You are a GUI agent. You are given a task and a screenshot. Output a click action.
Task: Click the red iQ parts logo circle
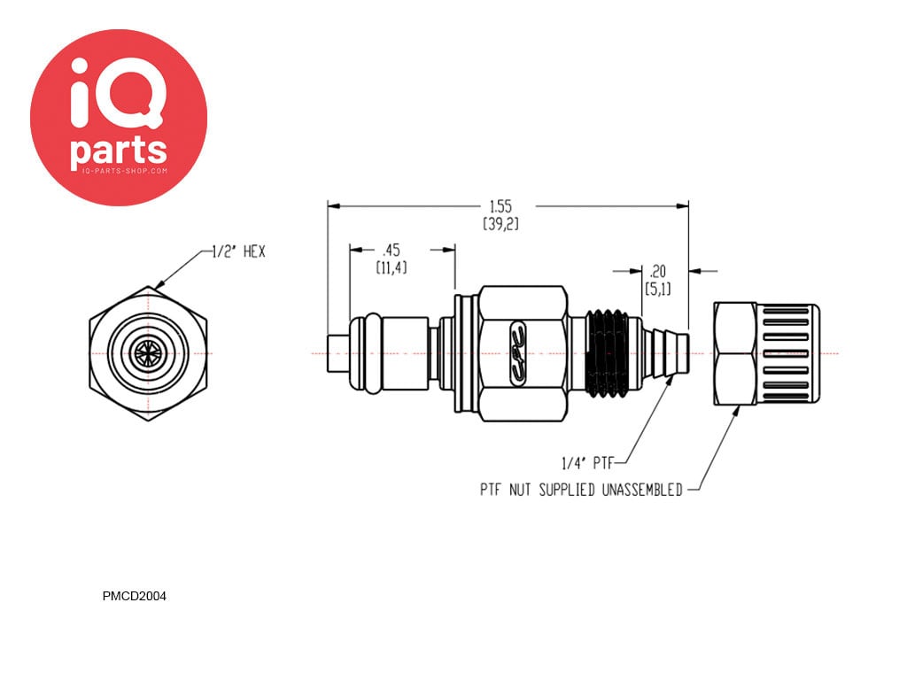[119, 117]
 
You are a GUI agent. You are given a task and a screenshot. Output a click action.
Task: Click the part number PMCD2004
[134, 596]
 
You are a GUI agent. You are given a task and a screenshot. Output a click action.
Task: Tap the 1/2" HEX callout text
[238, 252]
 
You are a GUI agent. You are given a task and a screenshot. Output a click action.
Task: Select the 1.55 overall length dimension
[500, 205]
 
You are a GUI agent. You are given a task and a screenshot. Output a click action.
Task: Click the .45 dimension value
[390, 250]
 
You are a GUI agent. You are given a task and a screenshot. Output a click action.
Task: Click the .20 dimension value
[657, 271]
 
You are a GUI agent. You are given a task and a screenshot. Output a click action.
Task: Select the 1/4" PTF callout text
[587, 461]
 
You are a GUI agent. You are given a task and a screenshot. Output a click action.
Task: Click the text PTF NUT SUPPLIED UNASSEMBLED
[581, 490]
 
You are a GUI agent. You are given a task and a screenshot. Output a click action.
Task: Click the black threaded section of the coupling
[609, 352]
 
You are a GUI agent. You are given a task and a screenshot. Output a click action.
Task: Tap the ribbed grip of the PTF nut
[787, 352]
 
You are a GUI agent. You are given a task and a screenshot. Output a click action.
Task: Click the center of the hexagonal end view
[149, 352]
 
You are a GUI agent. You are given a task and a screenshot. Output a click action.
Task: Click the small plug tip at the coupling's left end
[337, 352]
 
